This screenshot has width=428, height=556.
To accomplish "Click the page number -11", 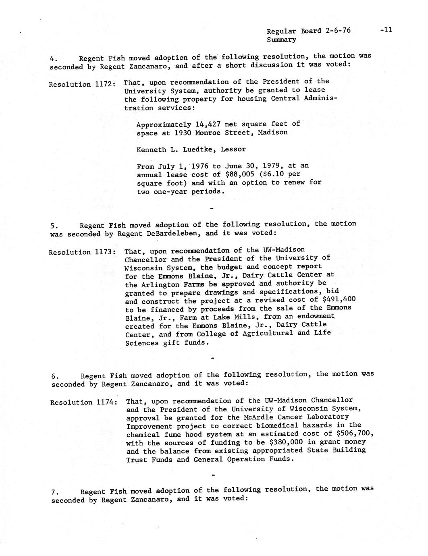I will (386, 29).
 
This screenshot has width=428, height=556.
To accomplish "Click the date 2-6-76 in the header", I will (337, 31).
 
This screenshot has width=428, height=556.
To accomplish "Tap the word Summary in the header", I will (281, 39).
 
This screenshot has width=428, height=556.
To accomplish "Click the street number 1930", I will (183, 133).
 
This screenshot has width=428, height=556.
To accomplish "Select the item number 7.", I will (54, 492).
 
